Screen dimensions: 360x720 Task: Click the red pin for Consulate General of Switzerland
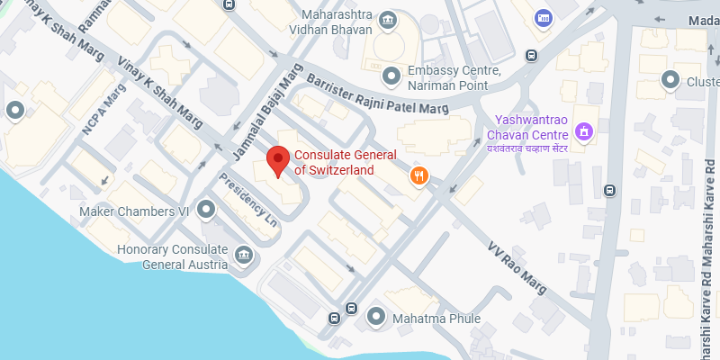278,161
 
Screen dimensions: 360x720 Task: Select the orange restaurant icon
418,175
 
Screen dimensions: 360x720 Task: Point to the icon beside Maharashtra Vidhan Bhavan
387,20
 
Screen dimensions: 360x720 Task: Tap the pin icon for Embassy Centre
391,75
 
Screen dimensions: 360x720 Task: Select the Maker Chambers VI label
132,211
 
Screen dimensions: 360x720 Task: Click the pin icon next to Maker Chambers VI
206,211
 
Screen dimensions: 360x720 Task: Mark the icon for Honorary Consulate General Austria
243,257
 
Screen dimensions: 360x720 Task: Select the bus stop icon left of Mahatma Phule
334,317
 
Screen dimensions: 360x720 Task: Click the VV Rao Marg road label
517,262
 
